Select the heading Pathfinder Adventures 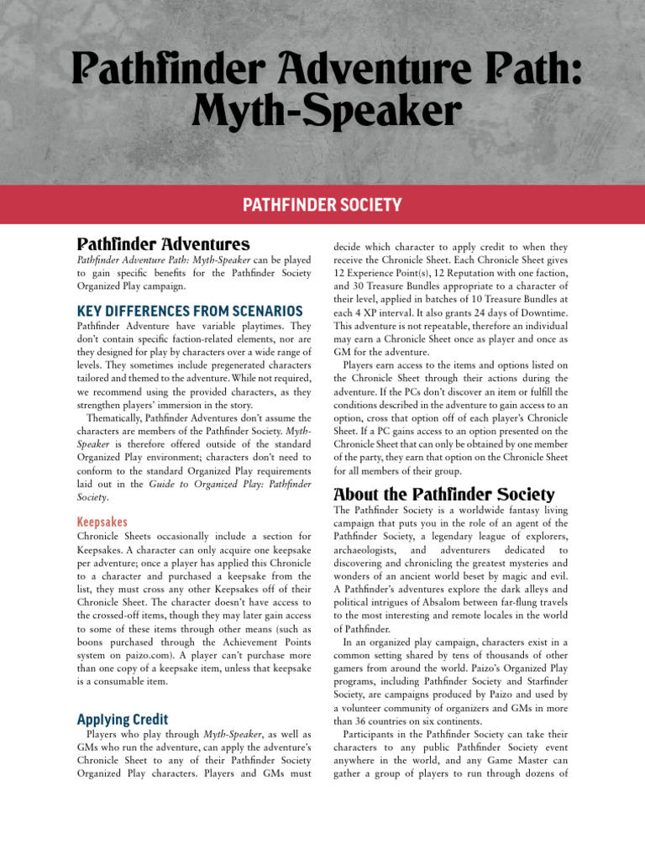coord(163,244)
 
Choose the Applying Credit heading coord(123,719)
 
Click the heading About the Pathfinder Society coord(444,494)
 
